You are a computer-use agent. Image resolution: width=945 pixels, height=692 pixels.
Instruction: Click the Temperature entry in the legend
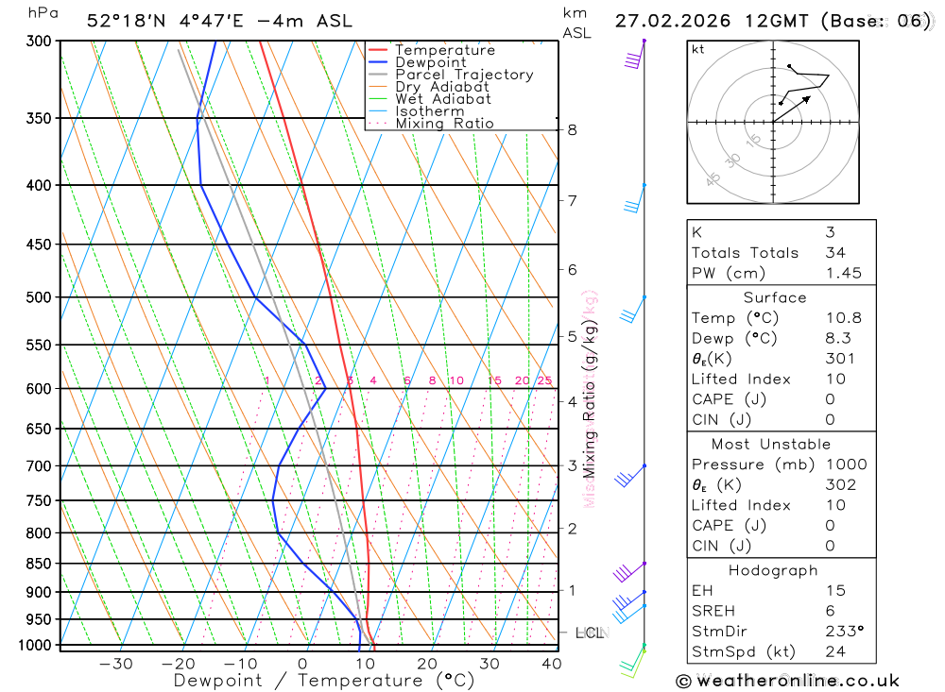tap(444, 50)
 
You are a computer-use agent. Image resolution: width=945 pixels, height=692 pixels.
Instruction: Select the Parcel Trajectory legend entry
tap(464, 75)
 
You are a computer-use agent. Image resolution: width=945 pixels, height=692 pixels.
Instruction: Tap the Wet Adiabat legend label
tap(443, 99)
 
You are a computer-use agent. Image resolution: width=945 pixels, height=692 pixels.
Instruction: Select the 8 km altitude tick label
tap(573, 129)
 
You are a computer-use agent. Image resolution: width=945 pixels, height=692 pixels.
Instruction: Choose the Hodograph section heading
tap(774, 570)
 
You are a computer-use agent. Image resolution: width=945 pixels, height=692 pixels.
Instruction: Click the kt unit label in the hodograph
tap(698, 49)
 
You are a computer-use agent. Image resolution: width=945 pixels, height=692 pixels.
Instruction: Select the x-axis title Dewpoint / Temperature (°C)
tap(323, 681)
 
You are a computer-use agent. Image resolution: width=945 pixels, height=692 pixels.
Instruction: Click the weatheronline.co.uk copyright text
tap(788, 681)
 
